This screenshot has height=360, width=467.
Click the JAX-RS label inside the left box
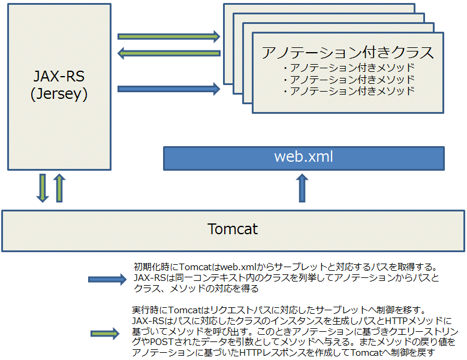(59, 77)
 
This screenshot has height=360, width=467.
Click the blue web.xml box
(303, 158)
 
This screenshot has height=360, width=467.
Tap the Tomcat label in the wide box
(233, 229)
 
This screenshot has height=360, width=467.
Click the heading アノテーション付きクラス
(348, 53)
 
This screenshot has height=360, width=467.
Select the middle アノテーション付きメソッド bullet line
(348, 80)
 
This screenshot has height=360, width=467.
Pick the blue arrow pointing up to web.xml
(302, 187)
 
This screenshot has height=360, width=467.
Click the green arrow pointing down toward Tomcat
(43, 188)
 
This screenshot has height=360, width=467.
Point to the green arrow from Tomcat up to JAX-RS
(58, 188)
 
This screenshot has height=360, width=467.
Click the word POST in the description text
(159, 343)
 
